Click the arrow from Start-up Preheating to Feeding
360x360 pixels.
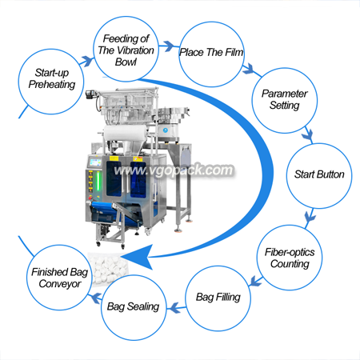click(x=86, y=62)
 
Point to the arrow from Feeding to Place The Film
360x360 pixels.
click(x=169, y=46)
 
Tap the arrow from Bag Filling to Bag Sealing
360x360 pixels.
click(x=176, y=308)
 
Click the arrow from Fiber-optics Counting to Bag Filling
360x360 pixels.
click(x=255, y=282)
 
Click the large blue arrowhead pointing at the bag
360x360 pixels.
click(x=138, y=257)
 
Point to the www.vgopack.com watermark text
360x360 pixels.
click(x=174, y=170)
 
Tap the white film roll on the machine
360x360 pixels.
click(x=125, y=134)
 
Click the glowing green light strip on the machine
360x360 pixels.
click(x=98, y=181)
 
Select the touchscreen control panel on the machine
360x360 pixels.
click(x=95, y=162)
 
